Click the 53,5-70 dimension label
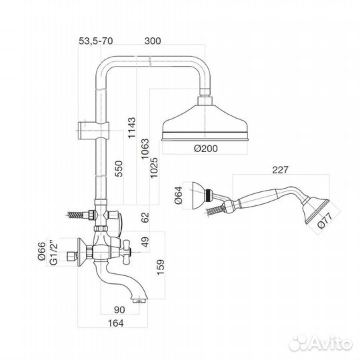(x=96, y=41)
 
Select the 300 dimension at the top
(x=153, y=41)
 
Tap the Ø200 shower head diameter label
(x=206, y=148)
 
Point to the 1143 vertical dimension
(x=132, y=128)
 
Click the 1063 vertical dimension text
(x=145, y=149)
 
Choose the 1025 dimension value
(x=154, y=167)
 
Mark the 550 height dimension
(x=119, y=169)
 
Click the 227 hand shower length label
(x=280, y=170)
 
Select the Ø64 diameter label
(x=179, y=195)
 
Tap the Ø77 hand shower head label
(x=325, y=221)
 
